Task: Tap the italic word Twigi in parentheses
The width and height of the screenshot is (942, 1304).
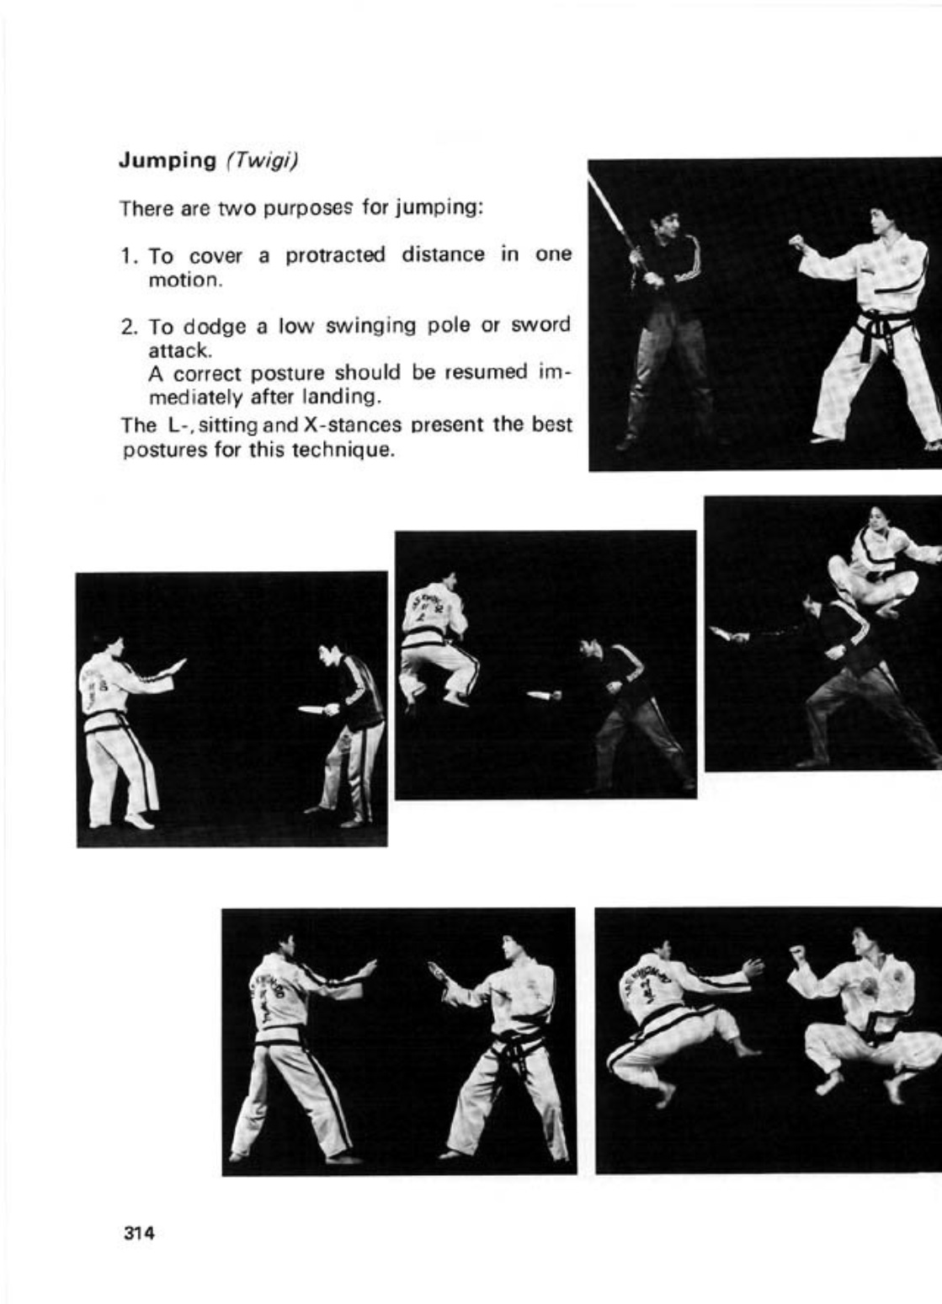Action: [261, 161]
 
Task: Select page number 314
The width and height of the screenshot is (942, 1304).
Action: [138, 1234]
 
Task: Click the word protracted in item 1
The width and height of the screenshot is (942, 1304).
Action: [335, 255]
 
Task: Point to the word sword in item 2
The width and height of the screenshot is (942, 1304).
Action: [540, 325]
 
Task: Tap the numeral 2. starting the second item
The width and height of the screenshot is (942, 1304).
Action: [129, 326]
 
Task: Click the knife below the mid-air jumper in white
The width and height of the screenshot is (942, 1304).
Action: [543, 696]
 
